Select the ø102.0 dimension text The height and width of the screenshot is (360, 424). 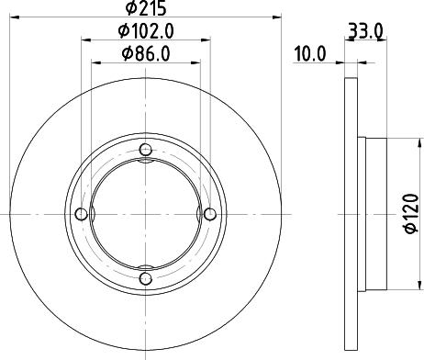[147, 32]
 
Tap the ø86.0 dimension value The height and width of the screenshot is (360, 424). [147, 55]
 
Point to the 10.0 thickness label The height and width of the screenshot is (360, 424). [310, 53]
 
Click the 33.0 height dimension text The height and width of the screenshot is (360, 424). [365, 30]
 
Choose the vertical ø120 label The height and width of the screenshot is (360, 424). [410, 215]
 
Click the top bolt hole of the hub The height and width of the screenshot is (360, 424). [145, 151]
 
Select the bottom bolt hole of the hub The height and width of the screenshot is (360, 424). [145, 279]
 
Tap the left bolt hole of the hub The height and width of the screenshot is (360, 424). [81, 215]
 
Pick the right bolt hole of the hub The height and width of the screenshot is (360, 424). [209, 215]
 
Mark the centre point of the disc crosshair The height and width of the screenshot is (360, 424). [145, 215]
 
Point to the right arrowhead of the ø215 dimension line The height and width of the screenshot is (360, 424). [272, 19]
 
